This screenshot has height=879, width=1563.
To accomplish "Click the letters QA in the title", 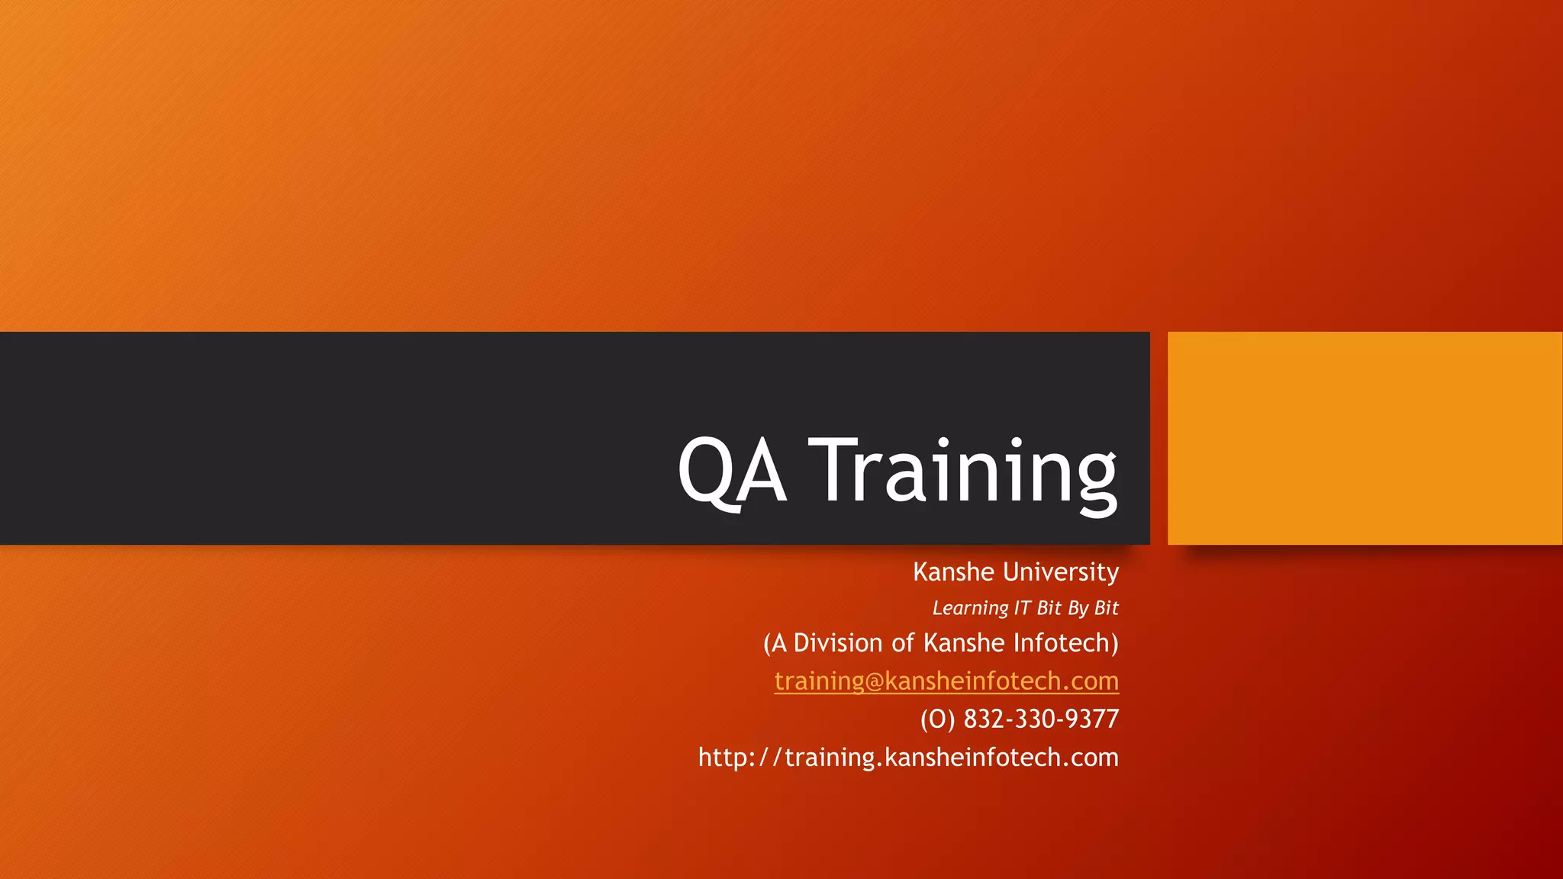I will [x=731, y=470].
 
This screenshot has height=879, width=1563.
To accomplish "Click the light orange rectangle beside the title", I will [x=1365, y=438].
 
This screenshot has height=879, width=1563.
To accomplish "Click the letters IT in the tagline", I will [x=1023, y=608].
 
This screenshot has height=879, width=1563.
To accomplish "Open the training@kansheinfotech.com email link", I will [x=946, y=681].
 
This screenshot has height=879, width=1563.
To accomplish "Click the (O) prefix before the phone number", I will [x=937, y=719].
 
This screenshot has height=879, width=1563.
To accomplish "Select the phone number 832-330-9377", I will [x=1041, y=719].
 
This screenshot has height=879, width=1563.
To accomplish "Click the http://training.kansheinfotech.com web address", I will [x=908, y=757].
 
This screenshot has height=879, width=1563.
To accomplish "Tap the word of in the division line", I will [x=903, y=643].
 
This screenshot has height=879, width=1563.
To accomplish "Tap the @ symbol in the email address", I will [x=874, y=681].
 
